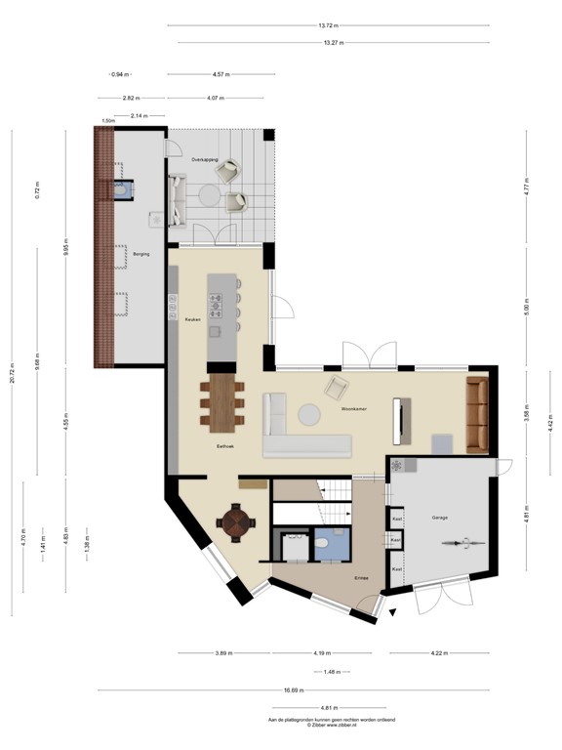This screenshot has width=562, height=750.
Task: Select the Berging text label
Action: pyautogui.click(x=127, y=253)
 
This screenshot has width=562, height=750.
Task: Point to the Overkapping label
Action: pyautogui.click(x=205, y=157)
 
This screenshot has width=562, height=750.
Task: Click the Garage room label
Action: pyautogui.click(x=439, y=517)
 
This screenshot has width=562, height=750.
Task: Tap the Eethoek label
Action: pyautogui.click(x=225, y=446)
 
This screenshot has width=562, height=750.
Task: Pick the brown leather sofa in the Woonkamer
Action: pyautogui.click(x=476, y=415)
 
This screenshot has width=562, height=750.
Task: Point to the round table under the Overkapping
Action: pyautogui.click(x=208, y=194)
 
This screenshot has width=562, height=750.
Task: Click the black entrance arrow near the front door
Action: pyautogui.click(x=392, y=613)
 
